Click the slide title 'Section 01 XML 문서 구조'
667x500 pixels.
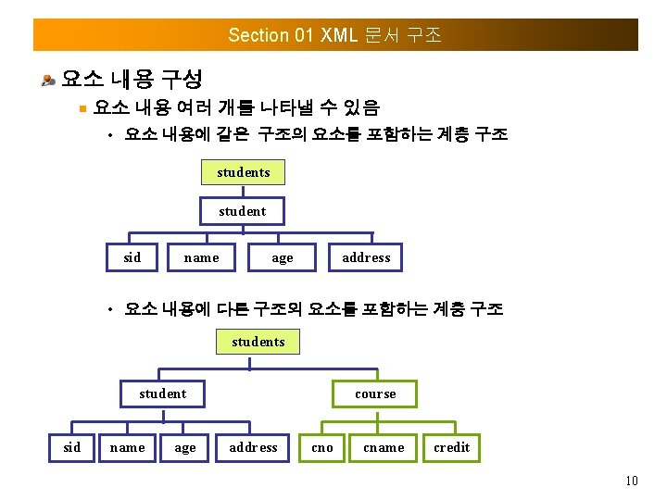(x=334, y=35)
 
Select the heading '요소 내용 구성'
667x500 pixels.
(x=132, y=78)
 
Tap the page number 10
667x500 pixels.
(x=632, y=481)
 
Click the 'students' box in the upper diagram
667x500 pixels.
(x=243, y=172)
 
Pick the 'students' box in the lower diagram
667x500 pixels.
(x=258, y=342)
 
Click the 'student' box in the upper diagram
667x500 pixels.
(x=243, y=211)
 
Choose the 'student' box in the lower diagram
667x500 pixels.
(x=163, y=394)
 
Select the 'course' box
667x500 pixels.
(x=375, y=394)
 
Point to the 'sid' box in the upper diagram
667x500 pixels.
(x=132, y=257)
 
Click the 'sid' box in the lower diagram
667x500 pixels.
(x=71, y=447)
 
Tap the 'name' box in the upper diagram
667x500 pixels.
(x=202, y=257)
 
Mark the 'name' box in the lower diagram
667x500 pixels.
(x=128, y=447)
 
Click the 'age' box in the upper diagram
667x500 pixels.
(x=283, y=257)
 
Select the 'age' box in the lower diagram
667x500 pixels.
(x=185, y=447)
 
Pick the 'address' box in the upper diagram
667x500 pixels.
(x=366, y=257)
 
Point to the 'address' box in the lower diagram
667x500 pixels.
(x=253, y=447)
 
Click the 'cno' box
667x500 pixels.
(x=322, y=447)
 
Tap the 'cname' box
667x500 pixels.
(x=384, y=447)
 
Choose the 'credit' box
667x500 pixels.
(x=452, y=447)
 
